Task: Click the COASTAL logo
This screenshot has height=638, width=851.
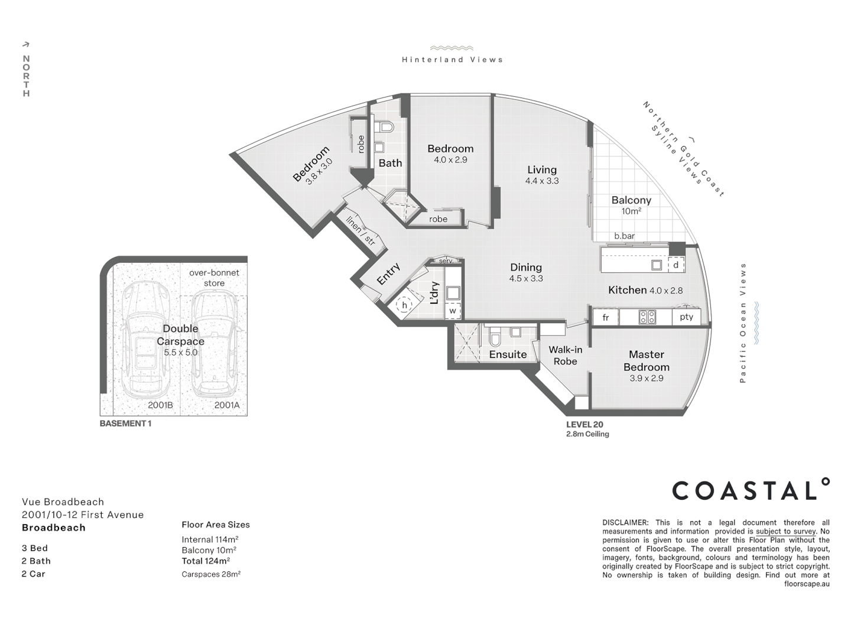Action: coord(751,490)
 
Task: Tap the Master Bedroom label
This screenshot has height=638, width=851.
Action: coord(646,360)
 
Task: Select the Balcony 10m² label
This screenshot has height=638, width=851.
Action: coord(631,205)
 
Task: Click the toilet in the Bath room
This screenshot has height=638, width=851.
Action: coord(385,127)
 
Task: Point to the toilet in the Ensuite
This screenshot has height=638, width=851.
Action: coord(496,338)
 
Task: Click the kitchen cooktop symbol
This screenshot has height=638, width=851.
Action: coord(647,317)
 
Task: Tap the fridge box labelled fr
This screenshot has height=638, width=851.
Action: coord(605,318)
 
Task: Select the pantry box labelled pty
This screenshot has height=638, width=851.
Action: coord(686,317)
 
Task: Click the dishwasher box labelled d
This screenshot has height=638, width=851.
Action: coord(676,265)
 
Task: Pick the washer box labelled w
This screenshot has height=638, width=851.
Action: coord(453,311)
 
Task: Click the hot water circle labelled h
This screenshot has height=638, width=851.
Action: coord(405,305)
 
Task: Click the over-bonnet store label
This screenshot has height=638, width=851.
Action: coord(214,278)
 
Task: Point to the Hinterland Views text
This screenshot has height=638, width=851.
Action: coord(452,60)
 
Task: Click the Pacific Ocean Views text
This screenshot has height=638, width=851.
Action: coord(743,323)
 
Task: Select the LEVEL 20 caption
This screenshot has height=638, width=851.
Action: coord(584,424)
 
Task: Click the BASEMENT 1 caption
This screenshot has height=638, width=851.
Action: coord(125,424)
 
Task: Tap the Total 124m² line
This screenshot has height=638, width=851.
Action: coord(206,561)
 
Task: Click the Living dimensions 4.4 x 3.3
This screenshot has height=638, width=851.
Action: coord(542,181)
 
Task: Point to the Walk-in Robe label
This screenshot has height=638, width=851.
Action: coord(565,355)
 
